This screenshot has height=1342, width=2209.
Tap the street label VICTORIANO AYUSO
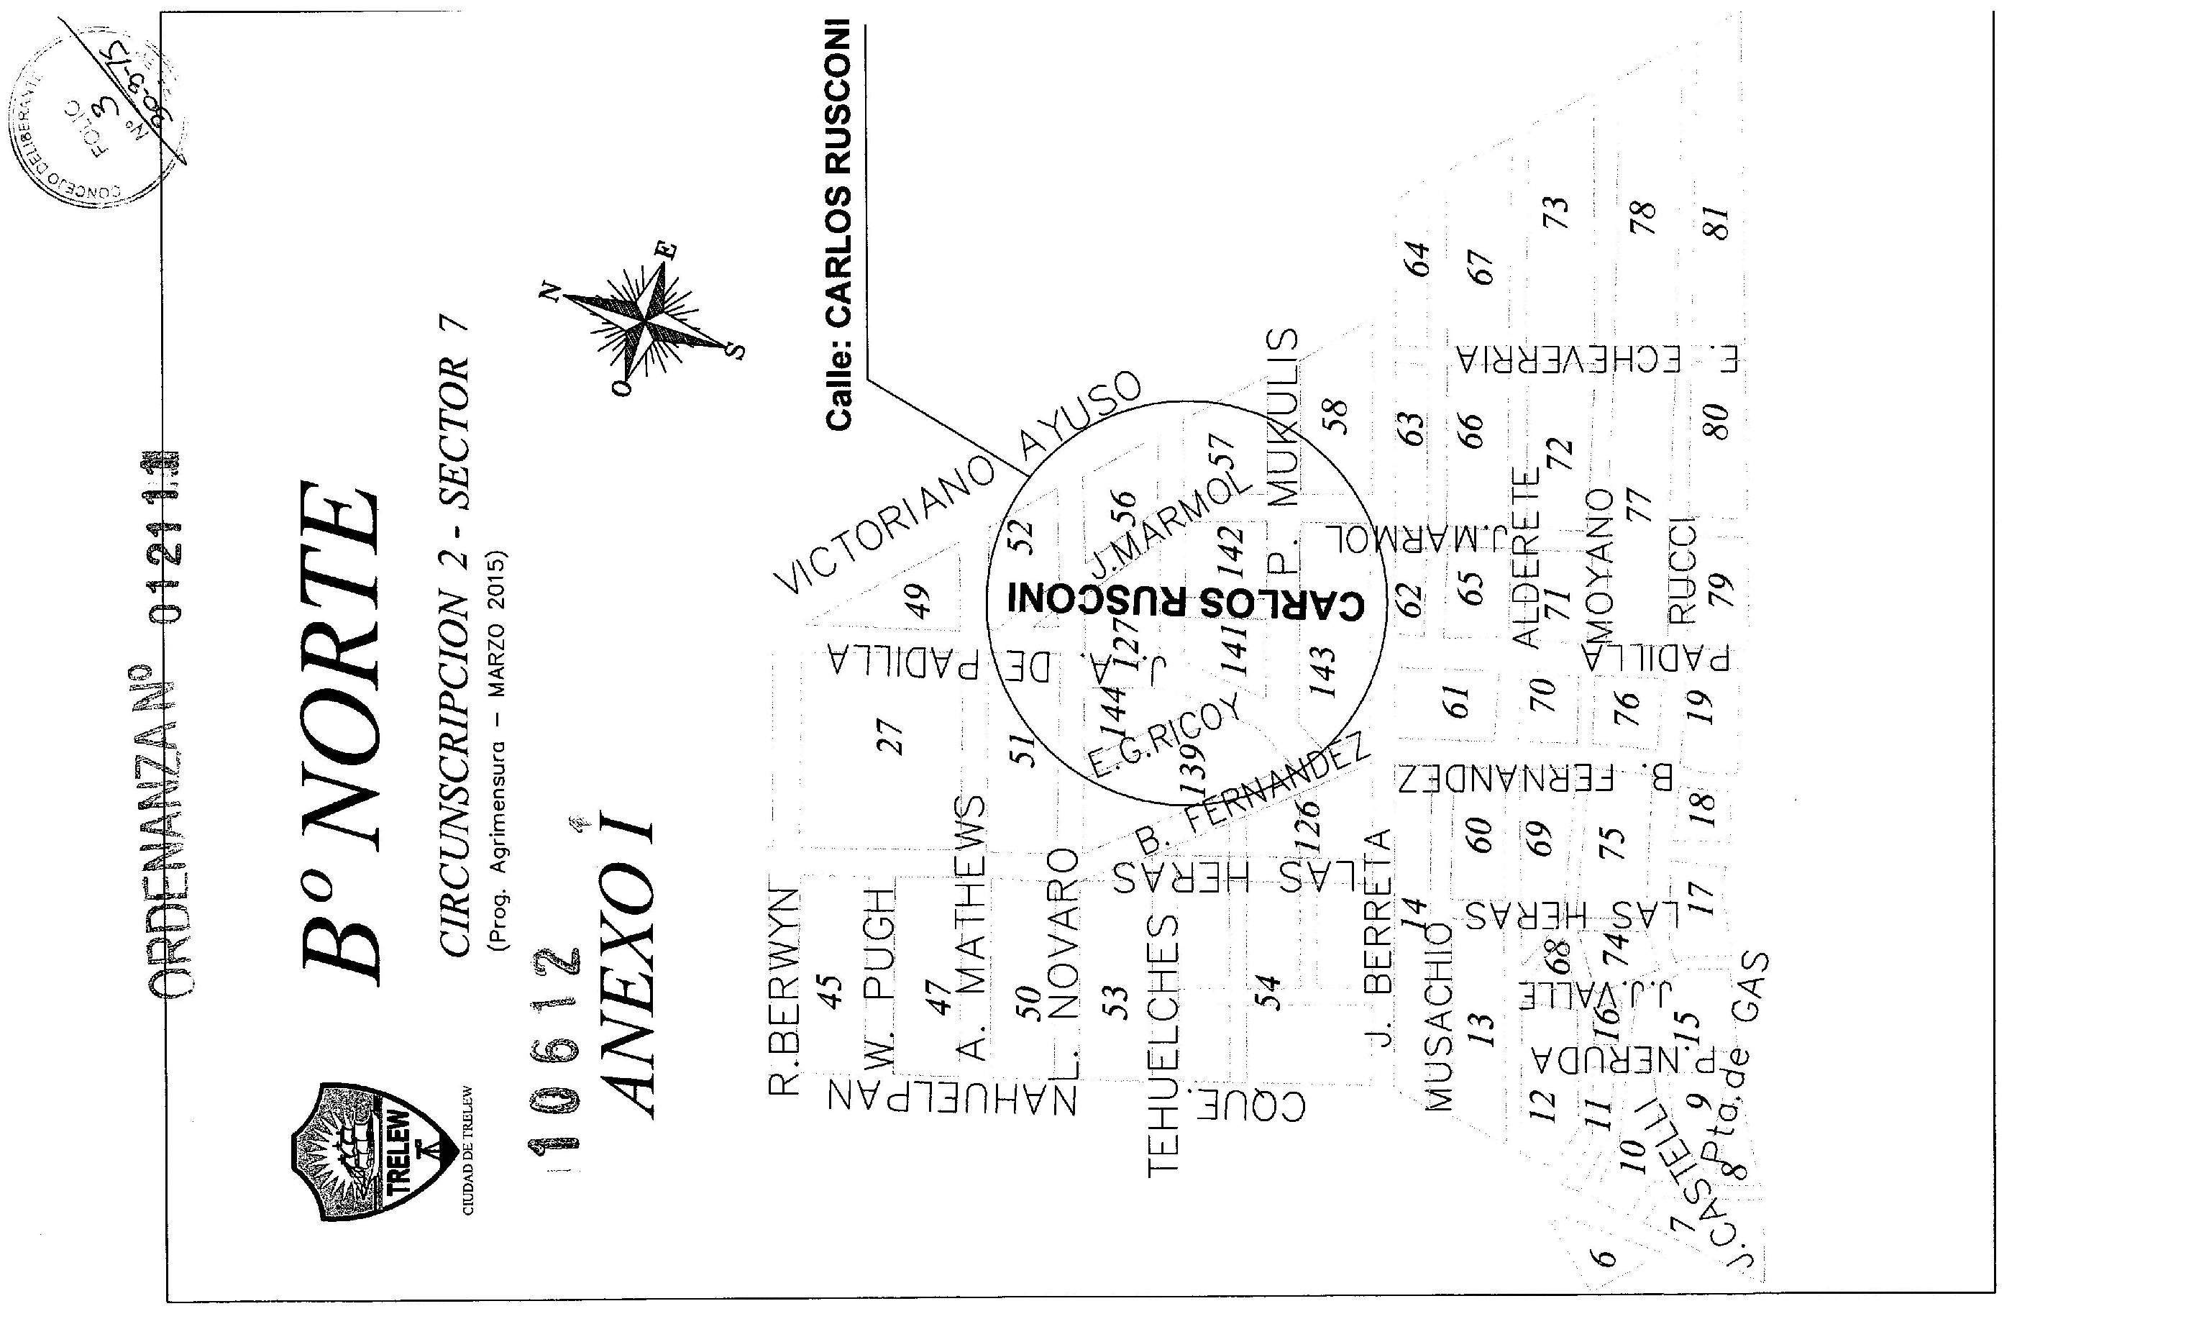coord(959,484)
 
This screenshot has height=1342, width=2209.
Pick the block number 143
coord(1322,672)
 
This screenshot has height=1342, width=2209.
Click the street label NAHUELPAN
coord(951,1095)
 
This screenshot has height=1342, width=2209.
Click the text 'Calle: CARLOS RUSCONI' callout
coord(839,224)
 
